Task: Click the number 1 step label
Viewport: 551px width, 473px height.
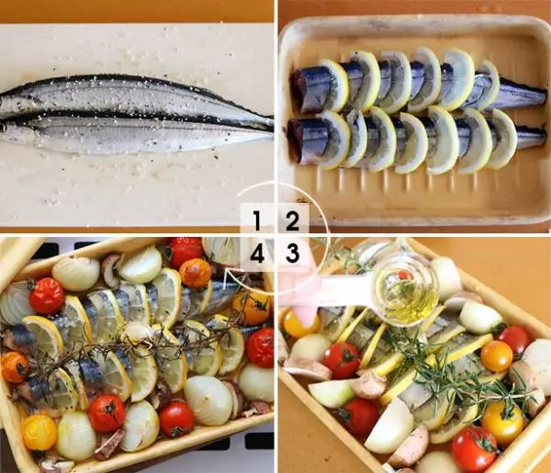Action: (257, 221)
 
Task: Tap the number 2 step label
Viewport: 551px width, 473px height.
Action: (292, 221)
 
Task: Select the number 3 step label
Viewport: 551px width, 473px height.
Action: (292, 253)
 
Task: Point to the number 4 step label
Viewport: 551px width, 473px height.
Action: (257, 253)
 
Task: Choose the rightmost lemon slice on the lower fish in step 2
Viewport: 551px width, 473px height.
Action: (502, 139)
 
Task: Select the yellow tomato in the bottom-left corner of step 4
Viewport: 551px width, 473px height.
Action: (39, 433)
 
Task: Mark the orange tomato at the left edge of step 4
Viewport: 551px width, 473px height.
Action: (14, 367)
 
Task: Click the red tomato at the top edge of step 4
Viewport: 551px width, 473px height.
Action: (186, 253)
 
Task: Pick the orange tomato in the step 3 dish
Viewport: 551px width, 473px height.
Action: (497, 356)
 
